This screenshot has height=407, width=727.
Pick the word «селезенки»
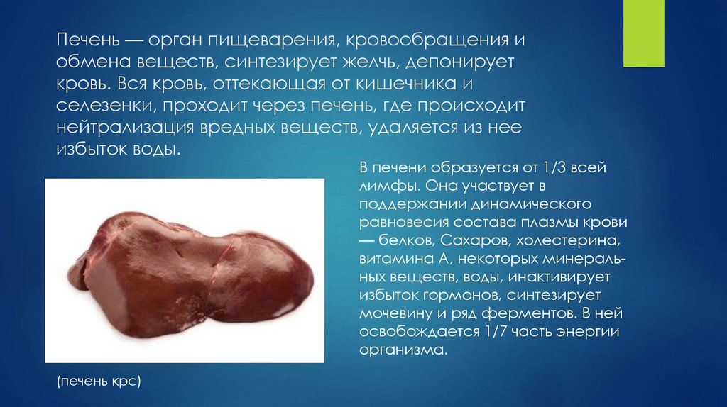(104, 106)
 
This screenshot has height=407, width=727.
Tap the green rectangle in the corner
(644, 33)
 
